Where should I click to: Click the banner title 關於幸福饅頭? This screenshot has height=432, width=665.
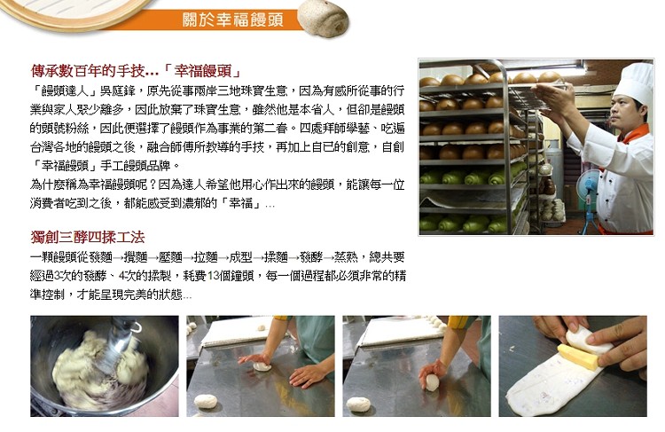pyautogui.click(x=233, y=20)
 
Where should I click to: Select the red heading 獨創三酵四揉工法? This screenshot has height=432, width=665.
pyautogui.click(x=88, y=237)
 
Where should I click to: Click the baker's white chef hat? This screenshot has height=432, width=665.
pyautogui.click(x=635, y=82)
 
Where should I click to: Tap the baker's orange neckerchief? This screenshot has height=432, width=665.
pyautogui.click(x=634, y=134)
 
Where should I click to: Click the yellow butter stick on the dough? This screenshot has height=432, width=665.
pyautogui.click(x=577, y=357)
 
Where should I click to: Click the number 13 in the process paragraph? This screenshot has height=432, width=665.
pyautogui.click(x=214, y=276)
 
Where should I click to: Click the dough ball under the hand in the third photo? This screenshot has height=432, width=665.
pyautogui.click(x=432, y=382)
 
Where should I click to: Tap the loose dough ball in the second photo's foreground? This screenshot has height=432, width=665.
pyautogui.click(x=206, y=401)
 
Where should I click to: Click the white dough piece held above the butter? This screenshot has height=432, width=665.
pyautogui.click(x=588, y=341)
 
